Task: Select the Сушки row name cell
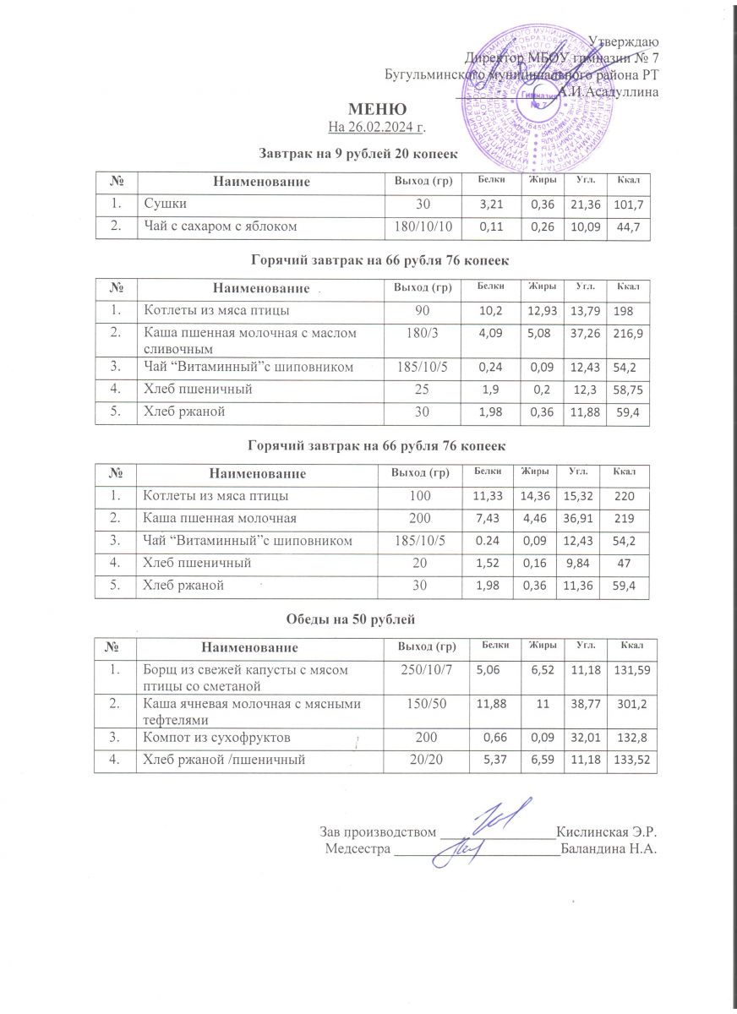tap(166, 204)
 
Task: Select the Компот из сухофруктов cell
tap(218, 738)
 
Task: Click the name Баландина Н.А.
tap(609, 848)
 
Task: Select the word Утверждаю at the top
tap(625, 41)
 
